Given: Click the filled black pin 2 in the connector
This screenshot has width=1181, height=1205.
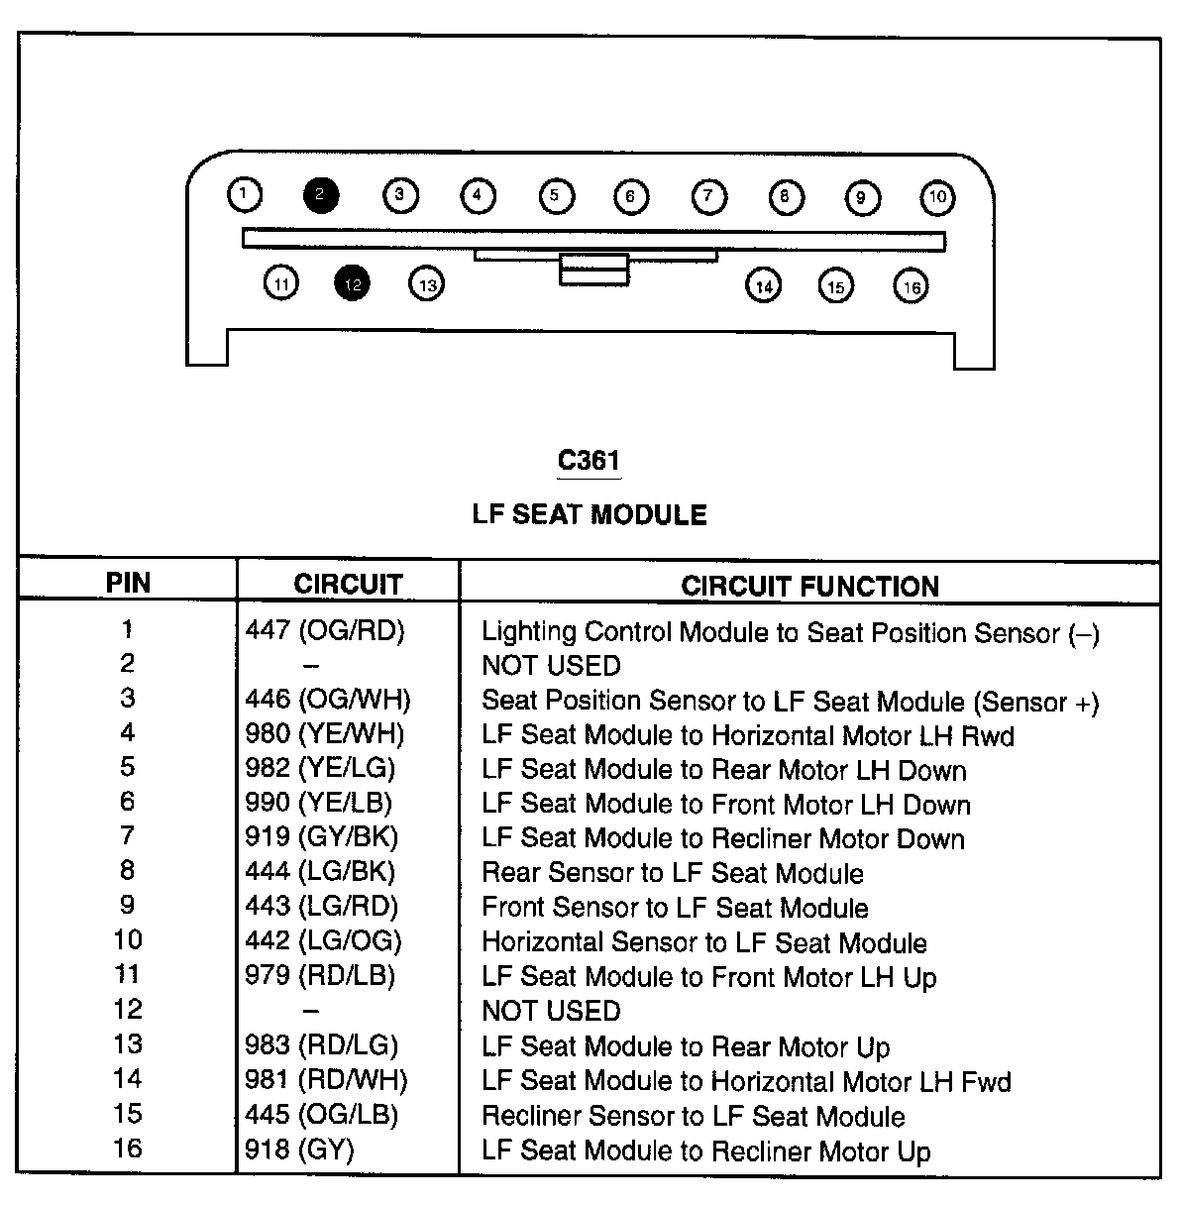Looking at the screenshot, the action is click(x=321, y=194).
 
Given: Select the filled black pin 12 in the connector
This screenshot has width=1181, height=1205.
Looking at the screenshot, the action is click(x=353, y=284).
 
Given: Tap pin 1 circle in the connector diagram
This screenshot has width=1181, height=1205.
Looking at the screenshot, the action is click(x=245, y=194).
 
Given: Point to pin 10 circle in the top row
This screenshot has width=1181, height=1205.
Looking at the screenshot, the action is click(x=937, y=196).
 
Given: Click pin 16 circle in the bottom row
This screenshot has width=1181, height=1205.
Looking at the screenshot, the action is click(x=911, y=286).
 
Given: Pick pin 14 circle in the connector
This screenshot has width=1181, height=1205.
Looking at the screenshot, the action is click(x=763, y=286).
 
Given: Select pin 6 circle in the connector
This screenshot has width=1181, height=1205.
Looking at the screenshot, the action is click(x=631, y=196).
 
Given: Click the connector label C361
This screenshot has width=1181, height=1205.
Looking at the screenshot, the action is click(x=589, y=460).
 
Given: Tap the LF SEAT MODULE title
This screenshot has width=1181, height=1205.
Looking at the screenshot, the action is click(x=590, y=514).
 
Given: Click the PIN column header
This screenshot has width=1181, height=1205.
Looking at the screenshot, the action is click(x=128, y=583).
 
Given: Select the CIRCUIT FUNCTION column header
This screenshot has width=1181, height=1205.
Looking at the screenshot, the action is click(x=809, y=586).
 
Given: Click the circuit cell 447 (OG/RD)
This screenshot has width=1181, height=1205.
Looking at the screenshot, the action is click(x=325, y=630).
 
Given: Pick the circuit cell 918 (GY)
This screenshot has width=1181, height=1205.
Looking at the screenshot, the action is click(x=299, y=1150).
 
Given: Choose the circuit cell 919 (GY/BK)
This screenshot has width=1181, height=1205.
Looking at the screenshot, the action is click(x=321, y=837).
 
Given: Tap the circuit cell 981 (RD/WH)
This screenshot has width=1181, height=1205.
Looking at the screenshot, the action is click(x=326, y=1080).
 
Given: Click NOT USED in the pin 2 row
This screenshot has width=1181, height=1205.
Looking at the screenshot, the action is click(x=551, y=665).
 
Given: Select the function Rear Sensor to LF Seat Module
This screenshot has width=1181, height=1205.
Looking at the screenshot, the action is click(x=672, y=873).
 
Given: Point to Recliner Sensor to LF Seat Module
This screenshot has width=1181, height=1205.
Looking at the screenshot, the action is click(x=693, y=1116).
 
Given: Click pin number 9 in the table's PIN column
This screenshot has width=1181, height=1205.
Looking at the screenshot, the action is click(x=128, y=905).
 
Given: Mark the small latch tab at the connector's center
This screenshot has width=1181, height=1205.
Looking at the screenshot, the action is click(x=593, y=269).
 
